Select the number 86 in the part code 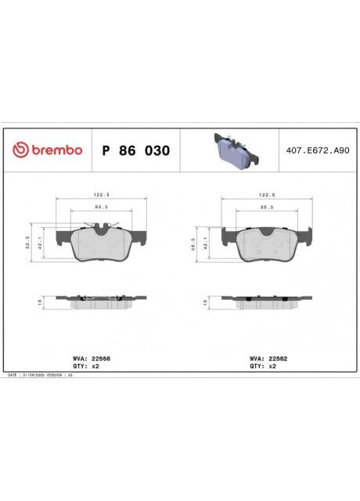click(x=131, y=150)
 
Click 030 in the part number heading click(x=158, y=150)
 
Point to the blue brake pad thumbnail click(x=232, y=150)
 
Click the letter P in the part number click(x=106, y=150)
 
